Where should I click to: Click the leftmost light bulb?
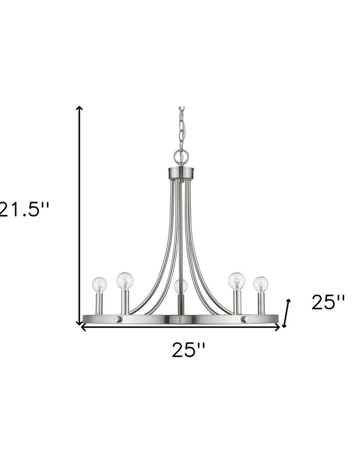point(99,285)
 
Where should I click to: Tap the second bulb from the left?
point(124,280)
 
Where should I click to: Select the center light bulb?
point(180,287)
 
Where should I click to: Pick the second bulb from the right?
point(236,280)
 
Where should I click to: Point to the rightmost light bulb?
point(260,284)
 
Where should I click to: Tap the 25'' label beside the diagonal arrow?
point(328,303)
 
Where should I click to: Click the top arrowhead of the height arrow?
point(80,109)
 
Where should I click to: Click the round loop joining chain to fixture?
point(180,157)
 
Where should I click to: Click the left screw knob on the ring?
point(118,320)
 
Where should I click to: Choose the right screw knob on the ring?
point(243,320)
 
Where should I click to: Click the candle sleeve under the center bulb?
point(180,306)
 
